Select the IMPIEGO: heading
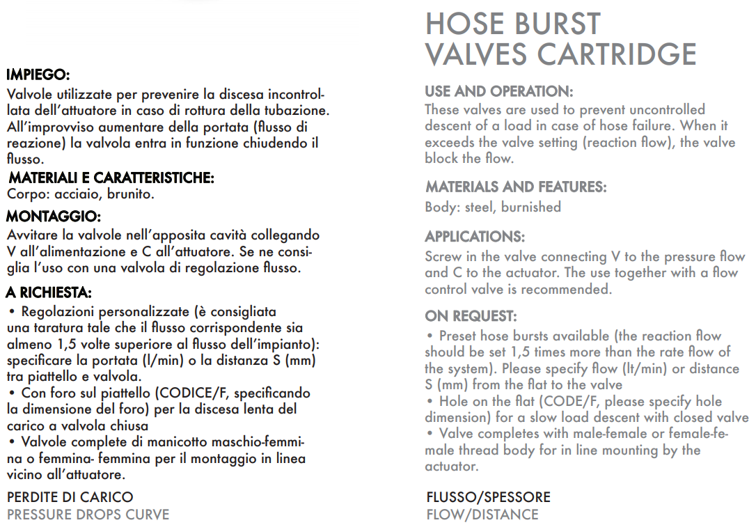coord(38,75)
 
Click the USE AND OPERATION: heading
coord(498,92)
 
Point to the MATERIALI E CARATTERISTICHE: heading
coord(111,178)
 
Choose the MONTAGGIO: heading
coord(54,217)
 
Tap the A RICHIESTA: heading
coord(49,292)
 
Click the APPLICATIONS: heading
coord(475,237)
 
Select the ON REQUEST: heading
coord(471,316)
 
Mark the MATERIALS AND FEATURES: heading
coord(516,187)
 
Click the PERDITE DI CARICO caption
coord(70,497)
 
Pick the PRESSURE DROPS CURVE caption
coord(88,515)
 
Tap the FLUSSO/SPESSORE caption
coord(488,497)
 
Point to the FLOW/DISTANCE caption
coord(482,515)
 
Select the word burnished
coord(530,207)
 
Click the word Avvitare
coord(31,235)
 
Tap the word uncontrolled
coord(667,110)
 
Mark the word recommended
coord(565,289)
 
